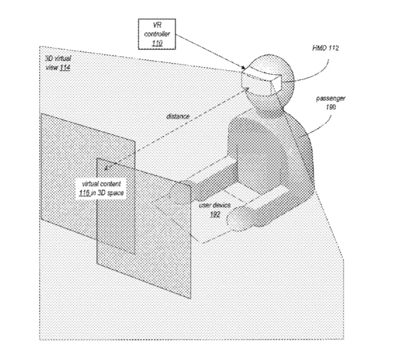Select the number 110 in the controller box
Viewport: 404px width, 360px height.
point(157,43)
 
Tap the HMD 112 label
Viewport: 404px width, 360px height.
point(325,48)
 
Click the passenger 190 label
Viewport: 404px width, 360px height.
point(330,102)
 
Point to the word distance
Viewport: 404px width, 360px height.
point(178,117)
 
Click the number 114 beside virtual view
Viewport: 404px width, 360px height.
point(65,67)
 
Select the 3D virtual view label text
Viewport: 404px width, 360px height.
point(58,63)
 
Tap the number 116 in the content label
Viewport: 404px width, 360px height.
point(84,193)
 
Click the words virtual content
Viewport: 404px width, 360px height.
point(101,184)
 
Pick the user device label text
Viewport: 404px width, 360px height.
point(214,205)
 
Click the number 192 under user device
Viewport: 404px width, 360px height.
point(215,215)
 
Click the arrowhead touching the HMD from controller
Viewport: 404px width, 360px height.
point(244,68)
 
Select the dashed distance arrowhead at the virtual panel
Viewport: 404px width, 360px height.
point(107,168)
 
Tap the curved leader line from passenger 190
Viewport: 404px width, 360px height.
point(323,127)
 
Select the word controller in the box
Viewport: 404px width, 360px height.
point(157,34)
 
